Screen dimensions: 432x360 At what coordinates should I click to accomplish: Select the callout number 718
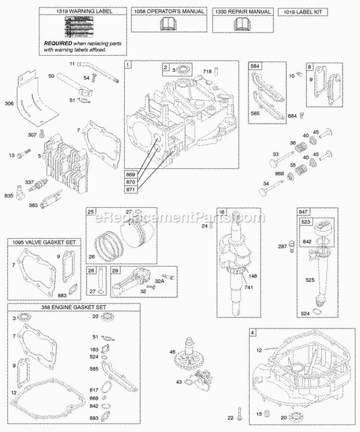pos(207,72)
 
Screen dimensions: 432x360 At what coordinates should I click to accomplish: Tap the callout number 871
pos(131,190)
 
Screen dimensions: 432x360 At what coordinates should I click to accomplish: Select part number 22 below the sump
pos(231,418)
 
